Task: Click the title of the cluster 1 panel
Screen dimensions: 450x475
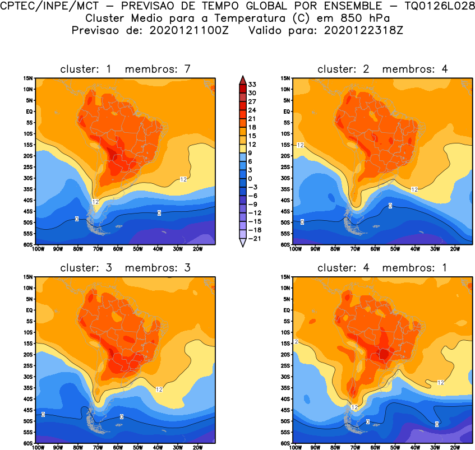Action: pos(126,69)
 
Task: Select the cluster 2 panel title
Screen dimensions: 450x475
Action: pos(382,69)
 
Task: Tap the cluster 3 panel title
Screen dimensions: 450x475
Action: pos(126,268)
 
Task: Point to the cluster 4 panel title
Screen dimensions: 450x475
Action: pos(382,268)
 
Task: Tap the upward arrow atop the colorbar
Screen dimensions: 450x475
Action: pos(242,78)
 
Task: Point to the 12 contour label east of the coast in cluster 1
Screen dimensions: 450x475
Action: pos(183,179)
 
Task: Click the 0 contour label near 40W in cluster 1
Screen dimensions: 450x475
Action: pos(159,213)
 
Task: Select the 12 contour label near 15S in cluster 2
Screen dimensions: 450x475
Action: pos(300,145)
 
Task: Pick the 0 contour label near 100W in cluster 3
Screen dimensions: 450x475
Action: pos(43,414)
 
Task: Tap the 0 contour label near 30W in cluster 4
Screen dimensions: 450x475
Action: pos(437,424)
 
